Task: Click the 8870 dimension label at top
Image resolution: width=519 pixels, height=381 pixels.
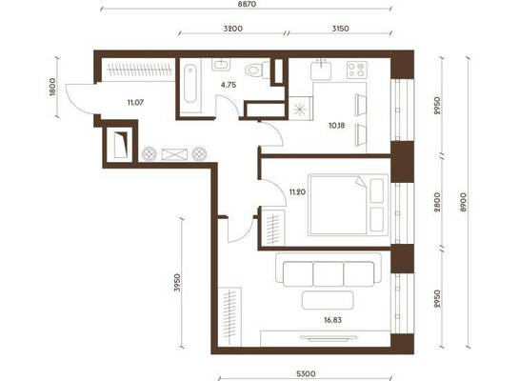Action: click(x=247, y=5)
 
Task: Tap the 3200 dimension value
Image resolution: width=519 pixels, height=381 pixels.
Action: click(x=233, y=29)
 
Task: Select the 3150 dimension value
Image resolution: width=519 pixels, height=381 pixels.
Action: click(x=340, y=29)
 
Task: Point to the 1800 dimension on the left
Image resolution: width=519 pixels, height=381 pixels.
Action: click(x=52, y=87)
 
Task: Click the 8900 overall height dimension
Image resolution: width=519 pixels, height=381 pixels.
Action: click(x=464, y=202)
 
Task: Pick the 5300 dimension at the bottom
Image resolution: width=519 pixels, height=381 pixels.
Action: click(x=306, y=374)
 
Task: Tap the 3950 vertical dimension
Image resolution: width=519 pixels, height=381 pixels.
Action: click(x=178, y=282)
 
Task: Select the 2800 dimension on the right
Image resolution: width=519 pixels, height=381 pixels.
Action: click(x=437, y=202)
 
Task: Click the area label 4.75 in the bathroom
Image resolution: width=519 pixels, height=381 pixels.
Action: click(x=229, y=85)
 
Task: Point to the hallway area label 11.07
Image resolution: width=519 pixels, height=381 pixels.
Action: click(x=135, y=103)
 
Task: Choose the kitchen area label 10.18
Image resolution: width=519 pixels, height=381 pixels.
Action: click(x=337, y=126)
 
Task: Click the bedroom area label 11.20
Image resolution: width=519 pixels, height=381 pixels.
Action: click(x=297, y=192)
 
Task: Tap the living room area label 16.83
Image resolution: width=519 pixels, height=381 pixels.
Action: click(x=332, y=320)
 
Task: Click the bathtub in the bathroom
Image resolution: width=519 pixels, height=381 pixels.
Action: click(x=190, y=84)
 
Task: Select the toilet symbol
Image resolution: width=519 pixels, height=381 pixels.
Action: click(x=258, y=70)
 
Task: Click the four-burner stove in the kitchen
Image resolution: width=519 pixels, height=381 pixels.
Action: click(x=357, y=70)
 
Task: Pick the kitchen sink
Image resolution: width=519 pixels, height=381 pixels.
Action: click(x=321, y=70)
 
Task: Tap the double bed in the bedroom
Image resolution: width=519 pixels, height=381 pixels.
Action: click(x=349, y=205)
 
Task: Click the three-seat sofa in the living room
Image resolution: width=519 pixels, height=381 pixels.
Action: click(x=329, y=270)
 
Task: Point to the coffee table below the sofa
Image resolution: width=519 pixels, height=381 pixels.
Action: click(x=328, y=300)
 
